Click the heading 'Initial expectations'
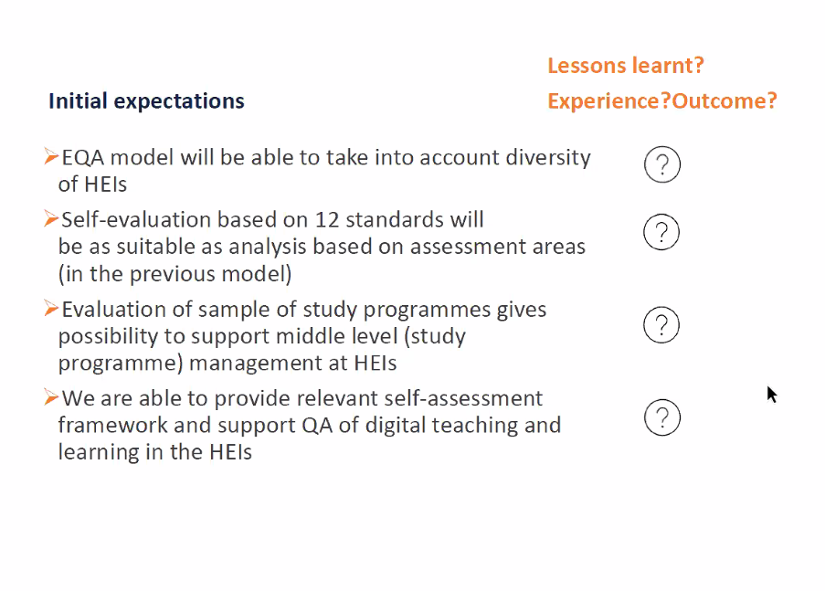tap(146, 101)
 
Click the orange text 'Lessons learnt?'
tap(626, 66)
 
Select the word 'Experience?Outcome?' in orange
tap(661, 101)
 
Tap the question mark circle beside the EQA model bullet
tap(662, 147)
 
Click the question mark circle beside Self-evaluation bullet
tap(661, 215)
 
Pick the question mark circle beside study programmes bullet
tap(661, 307)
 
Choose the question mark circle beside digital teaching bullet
tap(662, 400)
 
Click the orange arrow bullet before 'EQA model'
tap(51, 156)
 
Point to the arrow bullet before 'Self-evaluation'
tap(51, 218)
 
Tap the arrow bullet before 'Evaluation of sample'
tap(51, 309)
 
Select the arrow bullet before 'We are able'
tap(51, 397)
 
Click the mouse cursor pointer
tap(771, 395)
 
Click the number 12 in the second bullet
tap(327, 220)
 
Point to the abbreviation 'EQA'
tap(83, 158)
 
